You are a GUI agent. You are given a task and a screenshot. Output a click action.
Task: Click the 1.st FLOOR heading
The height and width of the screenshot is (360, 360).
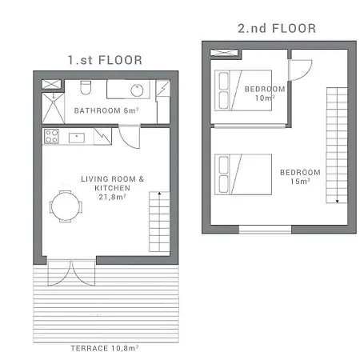(105, 60)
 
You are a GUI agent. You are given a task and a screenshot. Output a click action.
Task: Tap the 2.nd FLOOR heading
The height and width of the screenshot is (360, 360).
(277, 28)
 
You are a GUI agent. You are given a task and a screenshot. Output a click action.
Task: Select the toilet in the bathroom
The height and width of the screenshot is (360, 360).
(86, 87)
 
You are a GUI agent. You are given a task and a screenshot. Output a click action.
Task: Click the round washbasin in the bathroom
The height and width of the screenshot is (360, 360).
(137, 90)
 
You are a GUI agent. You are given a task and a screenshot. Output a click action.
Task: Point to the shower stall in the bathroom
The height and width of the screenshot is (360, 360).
(54, 108)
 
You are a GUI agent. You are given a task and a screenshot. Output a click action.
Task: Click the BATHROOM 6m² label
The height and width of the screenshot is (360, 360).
(106, 110)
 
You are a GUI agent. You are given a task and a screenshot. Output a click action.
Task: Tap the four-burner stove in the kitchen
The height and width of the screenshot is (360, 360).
(51, 136)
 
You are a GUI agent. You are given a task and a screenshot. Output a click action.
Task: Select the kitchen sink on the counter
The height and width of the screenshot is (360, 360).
(77, 138)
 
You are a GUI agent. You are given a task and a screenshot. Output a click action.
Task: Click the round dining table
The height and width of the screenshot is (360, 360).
(66, 206)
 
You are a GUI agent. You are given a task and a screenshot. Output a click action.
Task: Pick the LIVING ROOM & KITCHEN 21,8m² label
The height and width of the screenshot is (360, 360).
(112, 188)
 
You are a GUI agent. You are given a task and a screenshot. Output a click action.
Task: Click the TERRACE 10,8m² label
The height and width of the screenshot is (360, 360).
(105, 348)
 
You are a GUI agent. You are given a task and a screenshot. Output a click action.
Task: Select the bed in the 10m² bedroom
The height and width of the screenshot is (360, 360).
(243, 90)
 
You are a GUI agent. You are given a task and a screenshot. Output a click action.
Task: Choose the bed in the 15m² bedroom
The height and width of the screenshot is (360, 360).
(243, 174)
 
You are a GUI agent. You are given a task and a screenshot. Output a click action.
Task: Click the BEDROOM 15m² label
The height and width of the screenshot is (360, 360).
(300, 177)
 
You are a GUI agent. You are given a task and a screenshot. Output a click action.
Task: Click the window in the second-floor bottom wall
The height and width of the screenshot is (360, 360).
(265, 230)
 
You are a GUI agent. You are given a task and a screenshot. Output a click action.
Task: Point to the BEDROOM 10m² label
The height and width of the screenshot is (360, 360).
(265, 94)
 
